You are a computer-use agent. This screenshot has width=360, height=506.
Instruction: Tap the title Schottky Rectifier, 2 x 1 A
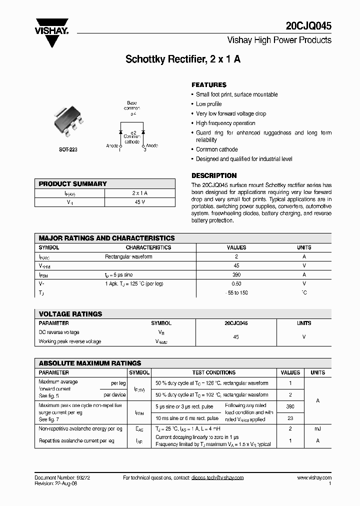(x=183, y=59)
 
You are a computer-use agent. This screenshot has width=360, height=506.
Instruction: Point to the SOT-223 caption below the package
(x=68, y=149)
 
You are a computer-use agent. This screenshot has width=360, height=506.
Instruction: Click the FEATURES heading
(x=209, y=85)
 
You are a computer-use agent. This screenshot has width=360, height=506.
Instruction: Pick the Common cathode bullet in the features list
(x=216, y=149)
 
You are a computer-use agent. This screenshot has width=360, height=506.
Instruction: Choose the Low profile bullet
(x=208, y=104)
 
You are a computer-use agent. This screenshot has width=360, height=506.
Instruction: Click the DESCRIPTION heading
(x=214, y=176)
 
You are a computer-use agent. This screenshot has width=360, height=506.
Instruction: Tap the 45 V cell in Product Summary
(x=139, y=202)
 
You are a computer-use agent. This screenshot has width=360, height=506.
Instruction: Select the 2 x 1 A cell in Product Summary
(x=139, y=193)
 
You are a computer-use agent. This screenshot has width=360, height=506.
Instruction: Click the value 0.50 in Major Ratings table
(x=236, y=283)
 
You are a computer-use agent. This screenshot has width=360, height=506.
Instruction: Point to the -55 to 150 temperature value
(x=236, y=292)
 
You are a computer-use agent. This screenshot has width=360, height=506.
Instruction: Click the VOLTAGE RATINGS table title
(x=70, y=314)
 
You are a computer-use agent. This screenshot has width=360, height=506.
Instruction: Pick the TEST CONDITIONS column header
(x=213, y=372)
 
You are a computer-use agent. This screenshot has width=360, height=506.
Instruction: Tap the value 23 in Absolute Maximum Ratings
(x=290, y=418)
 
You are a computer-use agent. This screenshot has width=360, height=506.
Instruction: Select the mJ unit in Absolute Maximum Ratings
(x=317, y=429)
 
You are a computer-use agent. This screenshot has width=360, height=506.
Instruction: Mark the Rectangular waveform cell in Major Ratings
(x=128, y=256)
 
